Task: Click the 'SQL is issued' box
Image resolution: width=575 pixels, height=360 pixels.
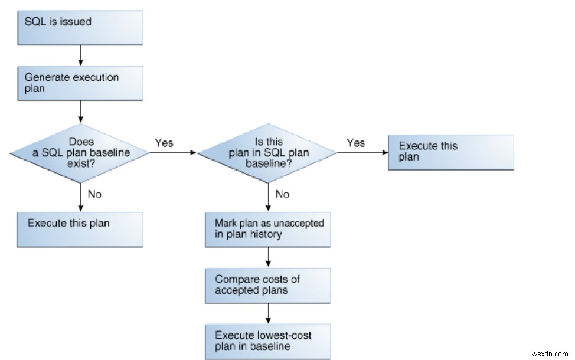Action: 80,27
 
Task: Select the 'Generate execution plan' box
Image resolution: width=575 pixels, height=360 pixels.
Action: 80,83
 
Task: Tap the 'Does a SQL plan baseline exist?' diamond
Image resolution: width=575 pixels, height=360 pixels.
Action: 80,153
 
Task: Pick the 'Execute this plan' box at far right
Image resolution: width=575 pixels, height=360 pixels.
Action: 450,152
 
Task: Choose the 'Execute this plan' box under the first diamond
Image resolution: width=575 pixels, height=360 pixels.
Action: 80,229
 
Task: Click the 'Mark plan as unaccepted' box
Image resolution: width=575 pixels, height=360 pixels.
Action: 268,230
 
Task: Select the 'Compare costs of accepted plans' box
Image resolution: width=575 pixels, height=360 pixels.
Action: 268,285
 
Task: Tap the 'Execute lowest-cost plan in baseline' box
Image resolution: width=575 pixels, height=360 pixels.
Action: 268,341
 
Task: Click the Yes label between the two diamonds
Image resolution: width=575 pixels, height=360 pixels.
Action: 164,143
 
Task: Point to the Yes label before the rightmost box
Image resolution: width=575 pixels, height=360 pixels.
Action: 356,143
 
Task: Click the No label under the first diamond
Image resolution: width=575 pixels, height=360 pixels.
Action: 94,194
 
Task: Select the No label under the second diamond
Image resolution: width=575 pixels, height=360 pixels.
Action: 282,194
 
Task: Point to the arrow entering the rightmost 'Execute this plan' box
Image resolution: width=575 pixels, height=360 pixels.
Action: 362,153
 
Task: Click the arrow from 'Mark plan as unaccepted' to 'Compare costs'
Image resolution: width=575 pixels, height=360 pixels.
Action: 268,257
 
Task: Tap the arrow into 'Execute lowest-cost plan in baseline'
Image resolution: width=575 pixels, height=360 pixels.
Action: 268,313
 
